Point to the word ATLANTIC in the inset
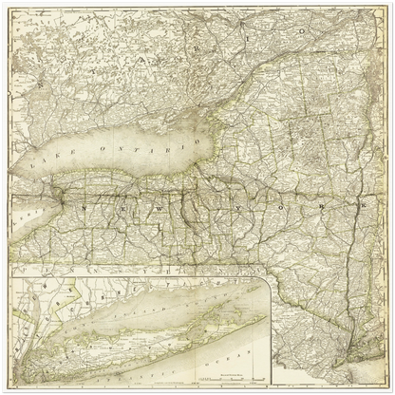coord(142,368)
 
